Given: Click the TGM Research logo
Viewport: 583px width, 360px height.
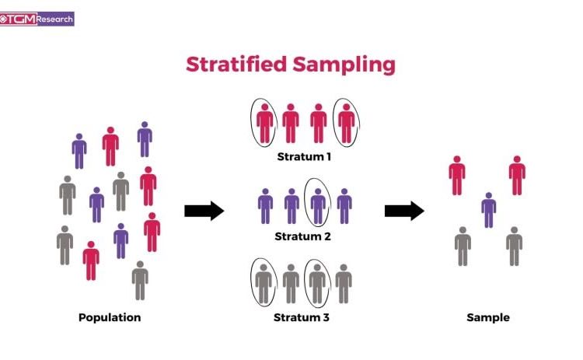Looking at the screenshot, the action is coord(37,19).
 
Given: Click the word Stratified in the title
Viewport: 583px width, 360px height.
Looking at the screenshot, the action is coord(236,65).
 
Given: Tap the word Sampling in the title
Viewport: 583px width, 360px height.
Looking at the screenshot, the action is coord(344,65).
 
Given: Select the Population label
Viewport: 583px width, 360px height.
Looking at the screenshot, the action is coord(110,317).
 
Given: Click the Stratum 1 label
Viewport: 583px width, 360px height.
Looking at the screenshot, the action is coord(304,156).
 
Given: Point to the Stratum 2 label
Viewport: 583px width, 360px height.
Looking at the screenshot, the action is coord(302,236).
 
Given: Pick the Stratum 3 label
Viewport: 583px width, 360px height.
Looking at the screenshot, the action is coord(302,317).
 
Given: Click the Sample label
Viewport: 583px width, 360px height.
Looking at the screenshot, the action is coord(488,317).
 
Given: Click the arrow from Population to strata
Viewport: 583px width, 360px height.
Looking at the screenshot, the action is coord(204,211).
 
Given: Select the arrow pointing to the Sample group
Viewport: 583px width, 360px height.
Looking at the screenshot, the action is coord(404,211).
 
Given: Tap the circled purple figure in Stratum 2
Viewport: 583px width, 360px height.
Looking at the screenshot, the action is coord(318,206).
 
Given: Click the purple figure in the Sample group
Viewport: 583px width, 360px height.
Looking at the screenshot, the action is coord(489,210).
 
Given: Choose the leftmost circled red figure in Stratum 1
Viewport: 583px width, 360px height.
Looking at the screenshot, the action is coord(264,124).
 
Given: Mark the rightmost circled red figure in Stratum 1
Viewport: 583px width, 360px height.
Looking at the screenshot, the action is coord(346,124).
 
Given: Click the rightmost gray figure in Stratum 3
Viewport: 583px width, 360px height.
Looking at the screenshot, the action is coord(344,284).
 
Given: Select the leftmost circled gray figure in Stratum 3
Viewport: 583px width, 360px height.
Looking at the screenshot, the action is coord(264,284).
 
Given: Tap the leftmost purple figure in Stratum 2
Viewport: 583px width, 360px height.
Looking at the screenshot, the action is coord(265,206).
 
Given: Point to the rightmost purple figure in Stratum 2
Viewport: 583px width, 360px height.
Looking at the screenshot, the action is coord(344,206).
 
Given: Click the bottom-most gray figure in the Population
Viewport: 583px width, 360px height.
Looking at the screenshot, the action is coord(140,281).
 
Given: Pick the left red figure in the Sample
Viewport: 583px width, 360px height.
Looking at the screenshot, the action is coord(457,176).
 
